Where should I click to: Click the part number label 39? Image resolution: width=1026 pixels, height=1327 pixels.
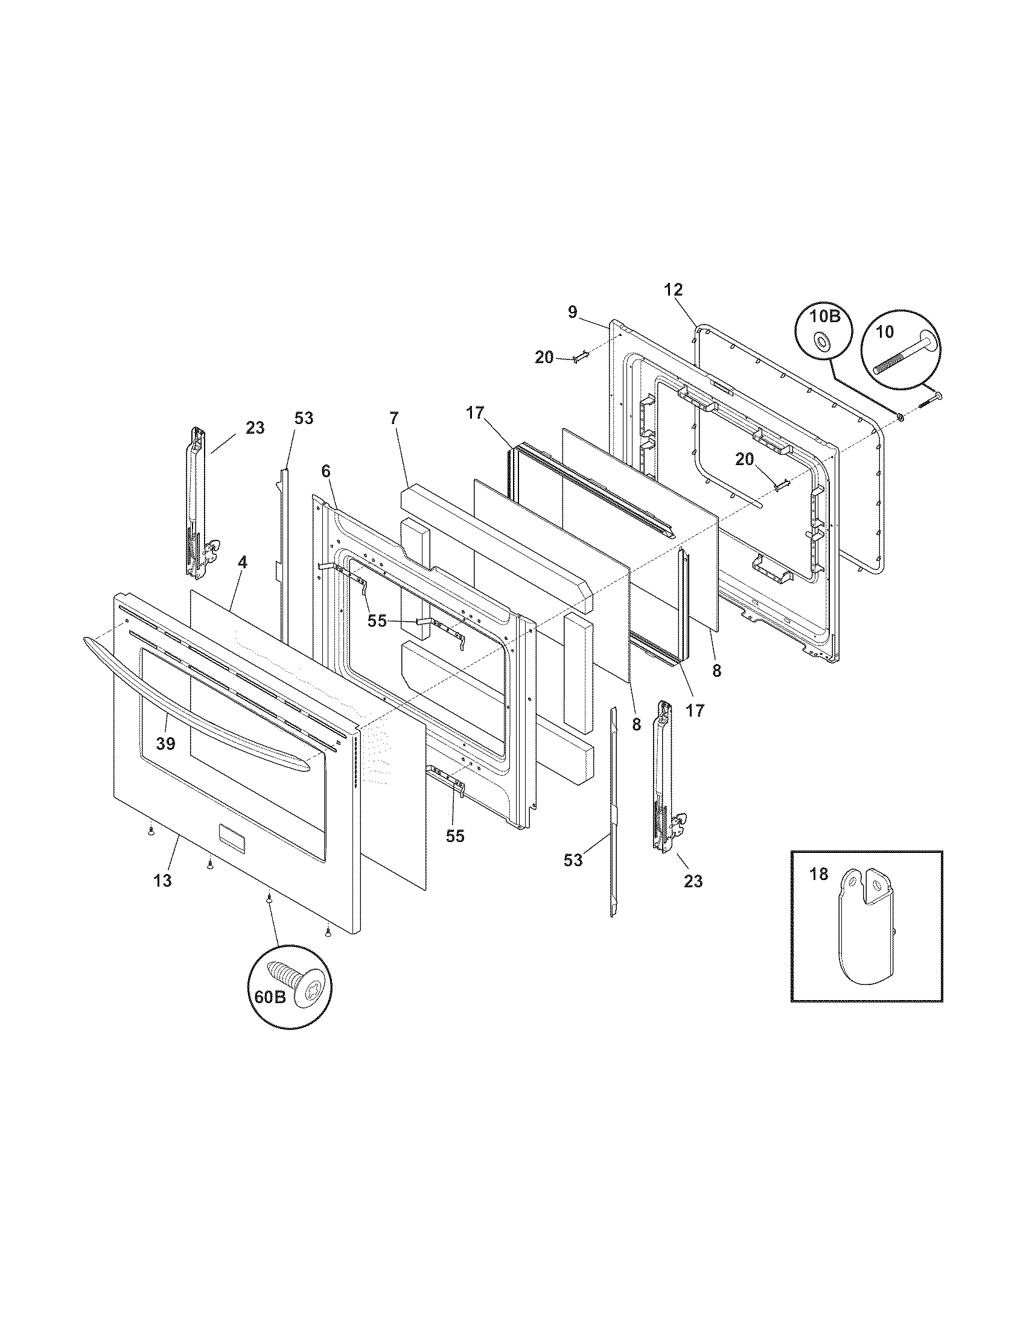(x=165, y=743)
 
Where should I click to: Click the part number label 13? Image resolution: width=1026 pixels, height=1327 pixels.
(x=162, y=881)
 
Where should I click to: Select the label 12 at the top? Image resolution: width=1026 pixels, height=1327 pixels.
(x=674, y=290)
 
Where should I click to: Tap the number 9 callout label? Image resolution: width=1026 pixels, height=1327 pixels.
(x=573, y=312)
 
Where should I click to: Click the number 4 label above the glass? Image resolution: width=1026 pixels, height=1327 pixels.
(x=242, y=562)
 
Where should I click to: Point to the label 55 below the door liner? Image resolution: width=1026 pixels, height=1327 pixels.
(x=454, y=836)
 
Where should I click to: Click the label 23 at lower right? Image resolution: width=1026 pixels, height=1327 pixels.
(x=693, y=881)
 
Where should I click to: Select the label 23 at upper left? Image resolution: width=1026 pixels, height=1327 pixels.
(x=255, y=428)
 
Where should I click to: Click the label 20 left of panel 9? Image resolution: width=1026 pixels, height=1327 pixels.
(x=544, y=358)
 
